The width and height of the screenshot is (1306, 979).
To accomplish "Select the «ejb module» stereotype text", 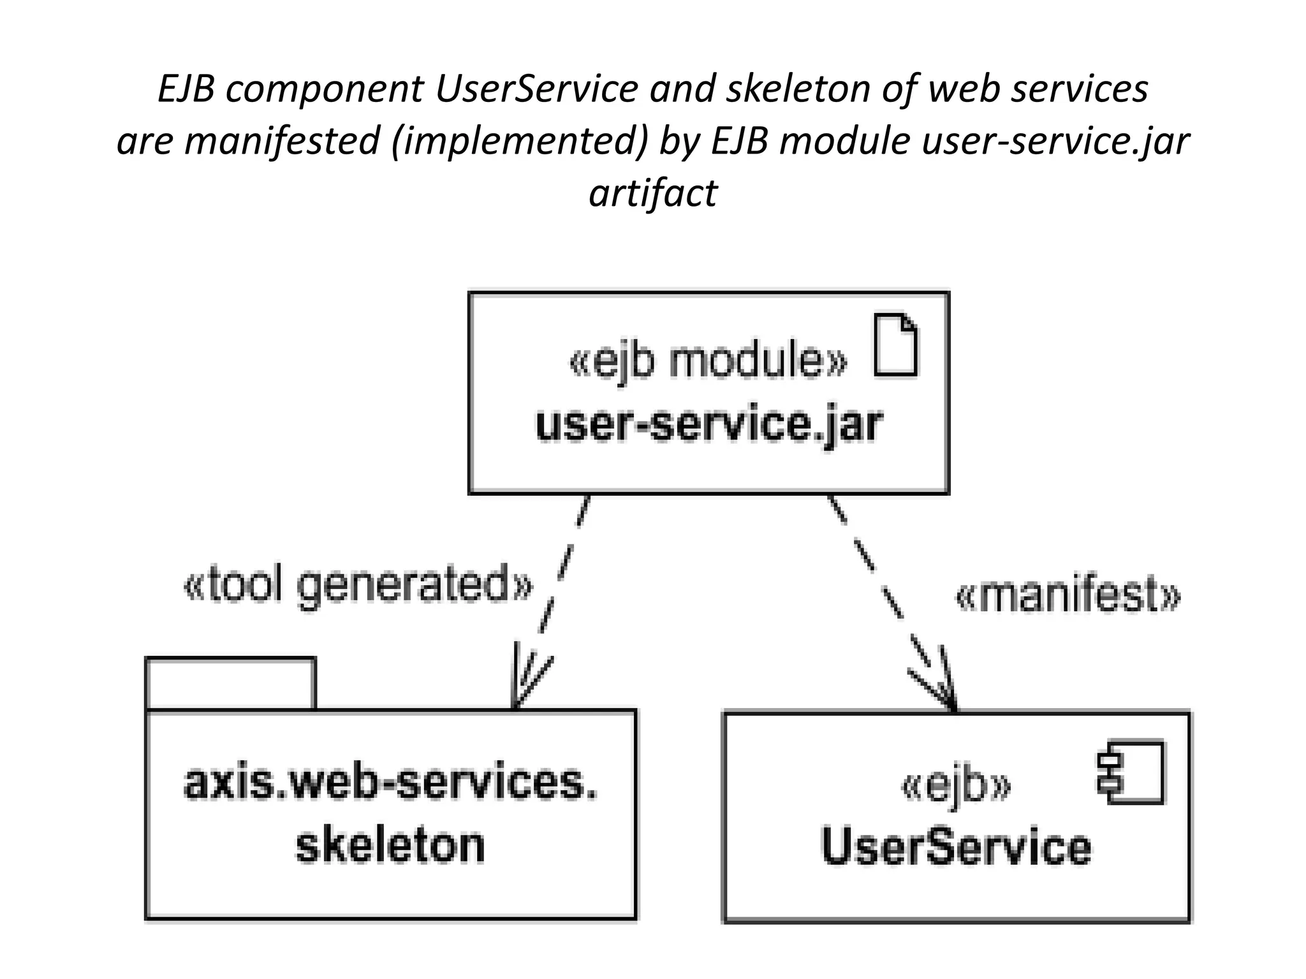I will [708, 361].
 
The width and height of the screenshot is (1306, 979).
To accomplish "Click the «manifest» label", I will [1068, 595].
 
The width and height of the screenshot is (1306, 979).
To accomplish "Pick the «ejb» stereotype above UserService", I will [956, 787].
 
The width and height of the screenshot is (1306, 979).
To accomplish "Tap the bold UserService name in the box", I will [956, 846].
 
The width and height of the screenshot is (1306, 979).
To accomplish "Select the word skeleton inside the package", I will [390, 845].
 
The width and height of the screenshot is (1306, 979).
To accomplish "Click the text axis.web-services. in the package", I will [390, 783].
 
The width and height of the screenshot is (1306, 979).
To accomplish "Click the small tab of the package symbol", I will [230, 683].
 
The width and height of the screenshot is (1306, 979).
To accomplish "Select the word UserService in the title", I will [536, 89].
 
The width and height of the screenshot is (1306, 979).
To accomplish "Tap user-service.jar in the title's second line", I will [1055, 141].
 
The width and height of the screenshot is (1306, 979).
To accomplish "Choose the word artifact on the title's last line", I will [653, 192].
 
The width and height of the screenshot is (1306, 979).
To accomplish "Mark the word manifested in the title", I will [282, 141].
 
